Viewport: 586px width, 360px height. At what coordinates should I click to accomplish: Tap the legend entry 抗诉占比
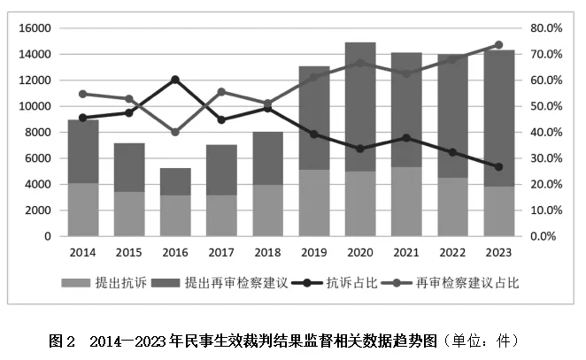(343, 284)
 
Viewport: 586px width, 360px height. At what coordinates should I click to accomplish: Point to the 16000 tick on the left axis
(31, 28)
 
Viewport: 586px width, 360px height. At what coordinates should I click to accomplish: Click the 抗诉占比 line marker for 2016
(175, 80)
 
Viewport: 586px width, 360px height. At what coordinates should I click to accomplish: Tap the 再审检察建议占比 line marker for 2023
(498, 45)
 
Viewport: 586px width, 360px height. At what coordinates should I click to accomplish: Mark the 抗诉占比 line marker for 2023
(498, 167)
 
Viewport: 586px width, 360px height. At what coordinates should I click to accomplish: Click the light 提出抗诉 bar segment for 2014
(83, 210)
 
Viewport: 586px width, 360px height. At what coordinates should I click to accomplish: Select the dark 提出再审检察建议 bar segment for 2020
(360, 106)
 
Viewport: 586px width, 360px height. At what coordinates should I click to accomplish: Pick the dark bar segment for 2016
(175, 181)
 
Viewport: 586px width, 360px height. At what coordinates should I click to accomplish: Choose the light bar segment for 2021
(406, 202)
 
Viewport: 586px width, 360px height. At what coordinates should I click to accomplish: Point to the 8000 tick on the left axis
(35, 133)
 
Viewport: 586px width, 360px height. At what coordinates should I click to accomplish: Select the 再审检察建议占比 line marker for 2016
(175, 132)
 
